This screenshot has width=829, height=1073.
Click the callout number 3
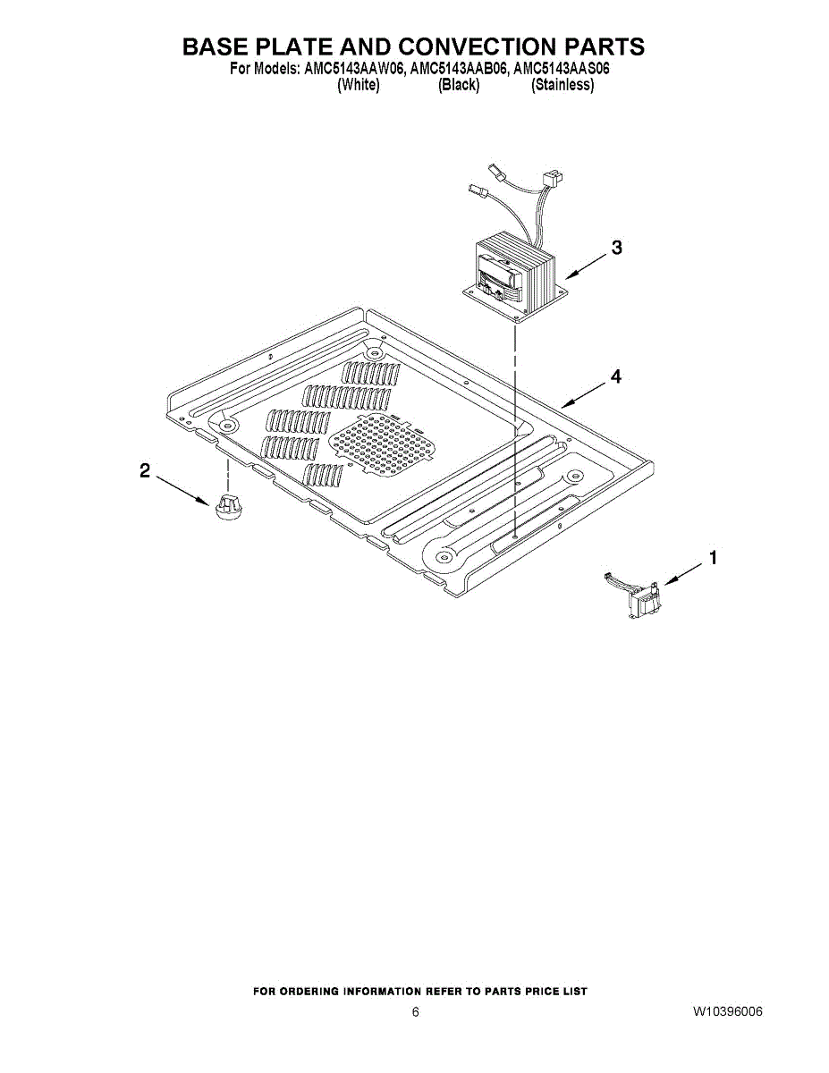pos(615,249)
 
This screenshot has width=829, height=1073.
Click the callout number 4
pos(615,377)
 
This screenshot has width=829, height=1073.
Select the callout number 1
pos(713,558)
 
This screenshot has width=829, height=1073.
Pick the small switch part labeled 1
pos(639,595)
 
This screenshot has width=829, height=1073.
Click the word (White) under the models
pos(359,85)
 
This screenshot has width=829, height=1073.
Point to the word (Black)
pos(459,85)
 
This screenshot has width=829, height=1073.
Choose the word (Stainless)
pos(563,85)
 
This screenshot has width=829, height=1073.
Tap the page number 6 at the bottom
pos(415,1012)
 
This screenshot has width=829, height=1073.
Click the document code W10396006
pos(727,1012)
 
